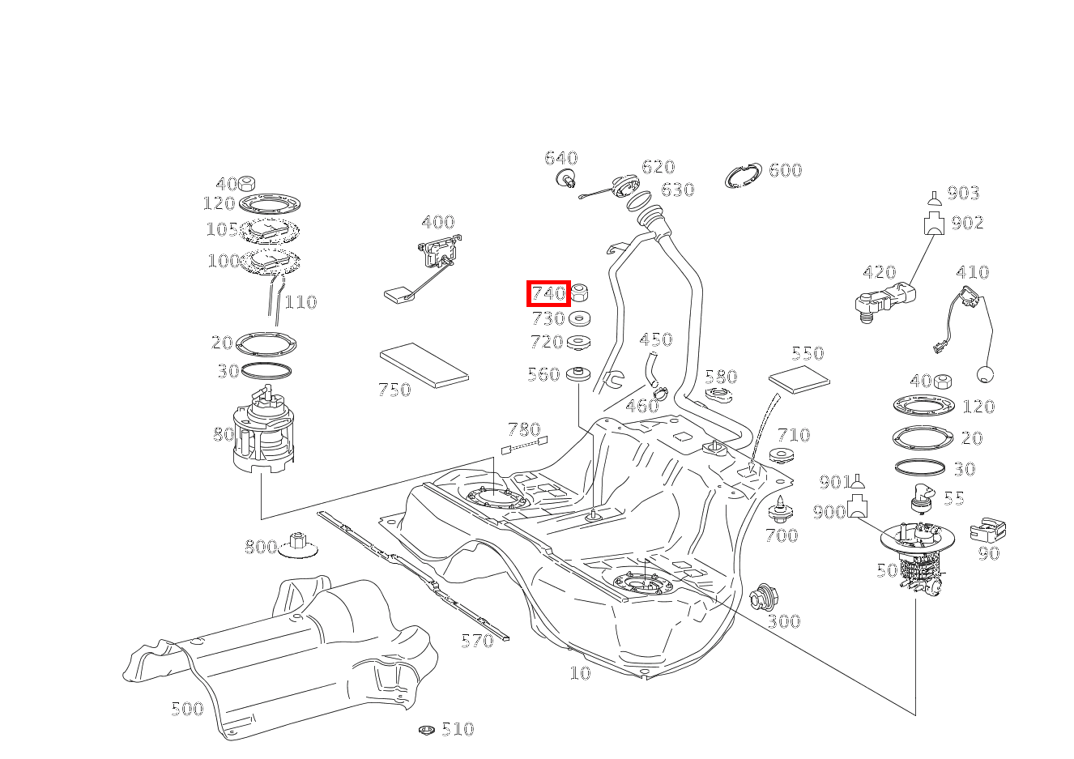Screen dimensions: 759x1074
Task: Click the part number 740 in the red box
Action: tap(548, 293)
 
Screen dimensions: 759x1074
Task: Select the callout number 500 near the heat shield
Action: tap(187, 709)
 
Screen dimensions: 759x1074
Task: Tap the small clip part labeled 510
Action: tap(427, 730)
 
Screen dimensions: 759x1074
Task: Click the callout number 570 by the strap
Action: tap(476, 641)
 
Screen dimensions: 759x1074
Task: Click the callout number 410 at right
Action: tap(972, 272)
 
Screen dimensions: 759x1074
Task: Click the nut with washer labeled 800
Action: tap(297, 546)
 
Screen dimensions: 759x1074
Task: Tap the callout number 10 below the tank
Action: tap(580, 672)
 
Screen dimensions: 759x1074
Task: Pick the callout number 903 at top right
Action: tap(963, 193)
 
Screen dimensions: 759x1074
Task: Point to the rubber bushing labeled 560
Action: tap(579, 375)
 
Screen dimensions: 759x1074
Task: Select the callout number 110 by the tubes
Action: tap(300, 302)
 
